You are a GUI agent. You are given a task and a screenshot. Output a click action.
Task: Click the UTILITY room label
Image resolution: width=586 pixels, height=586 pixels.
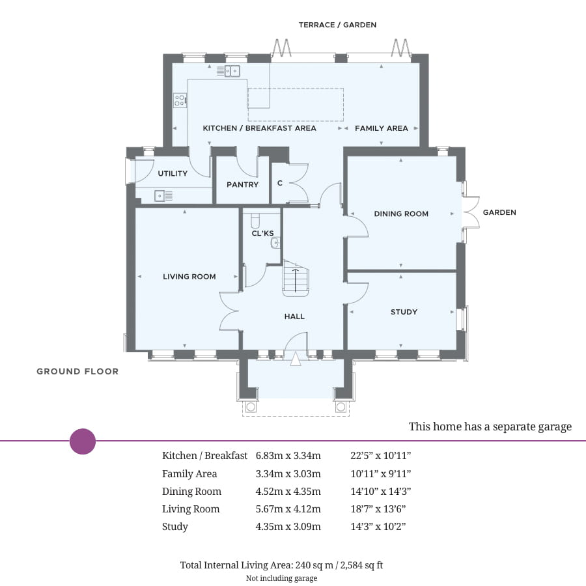(173, 173)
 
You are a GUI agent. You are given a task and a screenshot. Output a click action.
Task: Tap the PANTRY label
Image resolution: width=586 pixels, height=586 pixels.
(242, 185)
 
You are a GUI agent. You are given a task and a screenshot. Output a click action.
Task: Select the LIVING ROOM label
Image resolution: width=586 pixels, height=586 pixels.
(189, 277)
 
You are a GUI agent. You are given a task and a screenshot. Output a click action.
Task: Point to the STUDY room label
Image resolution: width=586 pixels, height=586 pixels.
(404, 312)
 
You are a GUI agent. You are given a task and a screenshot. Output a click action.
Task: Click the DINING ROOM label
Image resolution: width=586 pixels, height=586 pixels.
(401, 214)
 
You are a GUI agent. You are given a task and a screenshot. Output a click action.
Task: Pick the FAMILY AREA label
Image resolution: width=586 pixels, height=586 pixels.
(381, 128)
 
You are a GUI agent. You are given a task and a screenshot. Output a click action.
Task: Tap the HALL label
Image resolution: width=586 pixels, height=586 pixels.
(294, 316)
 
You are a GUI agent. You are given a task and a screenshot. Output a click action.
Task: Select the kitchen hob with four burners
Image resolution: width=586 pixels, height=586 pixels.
(180, 100)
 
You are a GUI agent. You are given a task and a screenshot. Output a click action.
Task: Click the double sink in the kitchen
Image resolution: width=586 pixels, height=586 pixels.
(232, 71)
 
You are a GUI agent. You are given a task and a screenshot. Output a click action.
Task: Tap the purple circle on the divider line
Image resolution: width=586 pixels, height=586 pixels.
(83, 441)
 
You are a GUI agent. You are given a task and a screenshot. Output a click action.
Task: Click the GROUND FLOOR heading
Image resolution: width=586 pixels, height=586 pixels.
(77, 372)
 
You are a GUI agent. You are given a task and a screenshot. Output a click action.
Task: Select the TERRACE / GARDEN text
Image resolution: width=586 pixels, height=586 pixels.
(337, 25)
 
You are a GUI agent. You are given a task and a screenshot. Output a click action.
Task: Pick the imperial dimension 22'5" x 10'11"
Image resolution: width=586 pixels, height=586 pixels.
(381, 456)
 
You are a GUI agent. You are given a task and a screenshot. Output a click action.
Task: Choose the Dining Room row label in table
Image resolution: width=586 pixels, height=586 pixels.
(191, 492)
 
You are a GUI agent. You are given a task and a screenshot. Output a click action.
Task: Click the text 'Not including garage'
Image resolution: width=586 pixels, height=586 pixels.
(281, 578)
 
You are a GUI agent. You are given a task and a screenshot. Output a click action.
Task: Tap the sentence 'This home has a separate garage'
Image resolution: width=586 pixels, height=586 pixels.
(490, 427)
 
